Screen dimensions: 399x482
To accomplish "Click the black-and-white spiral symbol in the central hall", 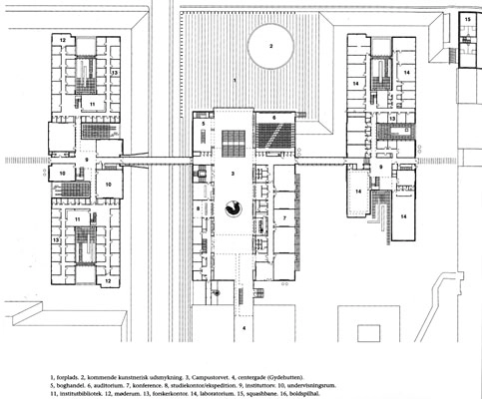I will pyautogui.click(x=236, y=207).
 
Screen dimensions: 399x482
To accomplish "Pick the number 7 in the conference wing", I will pyautogui.click(x=284, y=217).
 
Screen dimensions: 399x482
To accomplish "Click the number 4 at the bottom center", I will pyautogui.click(x=242, y=326).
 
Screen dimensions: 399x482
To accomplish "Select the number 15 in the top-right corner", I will pyautogui.click(x=467, y=19).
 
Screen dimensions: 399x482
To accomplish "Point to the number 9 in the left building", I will pyautogui.click(x=87, y=160).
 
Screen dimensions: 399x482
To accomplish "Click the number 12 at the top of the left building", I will pyautogui.click(x=62, y=40).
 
